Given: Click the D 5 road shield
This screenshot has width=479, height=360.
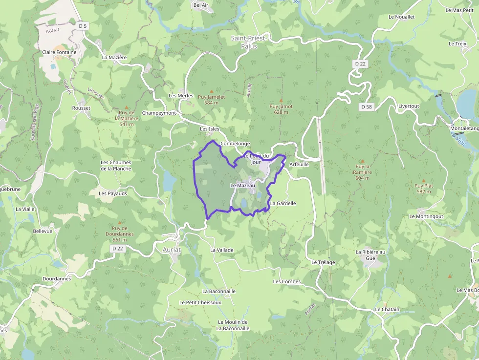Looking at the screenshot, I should point(83,26).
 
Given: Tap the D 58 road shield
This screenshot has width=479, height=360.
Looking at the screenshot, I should point(366,106).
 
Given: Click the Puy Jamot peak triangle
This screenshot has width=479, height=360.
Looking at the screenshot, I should point(281,100).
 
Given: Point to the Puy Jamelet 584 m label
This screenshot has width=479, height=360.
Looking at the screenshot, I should point(211,100).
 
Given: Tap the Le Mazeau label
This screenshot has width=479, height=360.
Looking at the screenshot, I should point(242,186).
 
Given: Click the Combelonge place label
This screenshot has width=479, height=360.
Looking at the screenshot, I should point(235,144).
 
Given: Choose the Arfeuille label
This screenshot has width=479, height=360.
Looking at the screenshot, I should point(299,165).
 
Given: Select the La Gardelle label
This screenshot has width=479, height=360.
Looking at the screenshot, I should point(283,203).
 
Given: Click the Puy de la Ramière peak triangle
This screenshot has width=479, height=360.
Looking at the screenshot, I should point(362,161).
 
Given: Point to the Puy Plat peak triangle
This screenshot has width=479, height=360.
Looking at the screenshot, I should point(423,180).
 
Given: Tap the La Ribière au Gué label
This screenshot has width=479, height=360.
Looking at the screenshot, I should point(370,255).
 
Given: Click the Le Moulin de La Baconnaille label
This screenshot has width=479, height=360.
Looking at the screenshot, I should point(233,325).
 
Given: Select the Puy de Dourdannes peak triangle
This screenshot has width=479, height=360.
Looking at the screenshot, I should point(120,222).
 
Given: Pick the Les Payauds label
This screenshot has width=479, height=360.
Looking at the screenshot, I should point(113,193).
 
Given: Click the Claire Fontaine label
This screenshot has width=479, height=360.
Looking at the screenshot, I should point(59,52).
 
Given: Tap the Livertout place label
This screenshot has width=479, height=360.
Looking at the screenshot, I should point(409,106).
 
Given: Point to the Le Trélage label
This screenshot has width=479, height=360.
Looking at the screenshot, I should point(323,262).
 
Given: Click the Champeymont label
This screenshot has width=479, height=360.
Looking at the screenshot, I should point(159,113).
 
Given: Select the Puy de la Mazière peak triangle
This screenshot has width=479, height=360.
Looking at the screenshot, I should point(127,107).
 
